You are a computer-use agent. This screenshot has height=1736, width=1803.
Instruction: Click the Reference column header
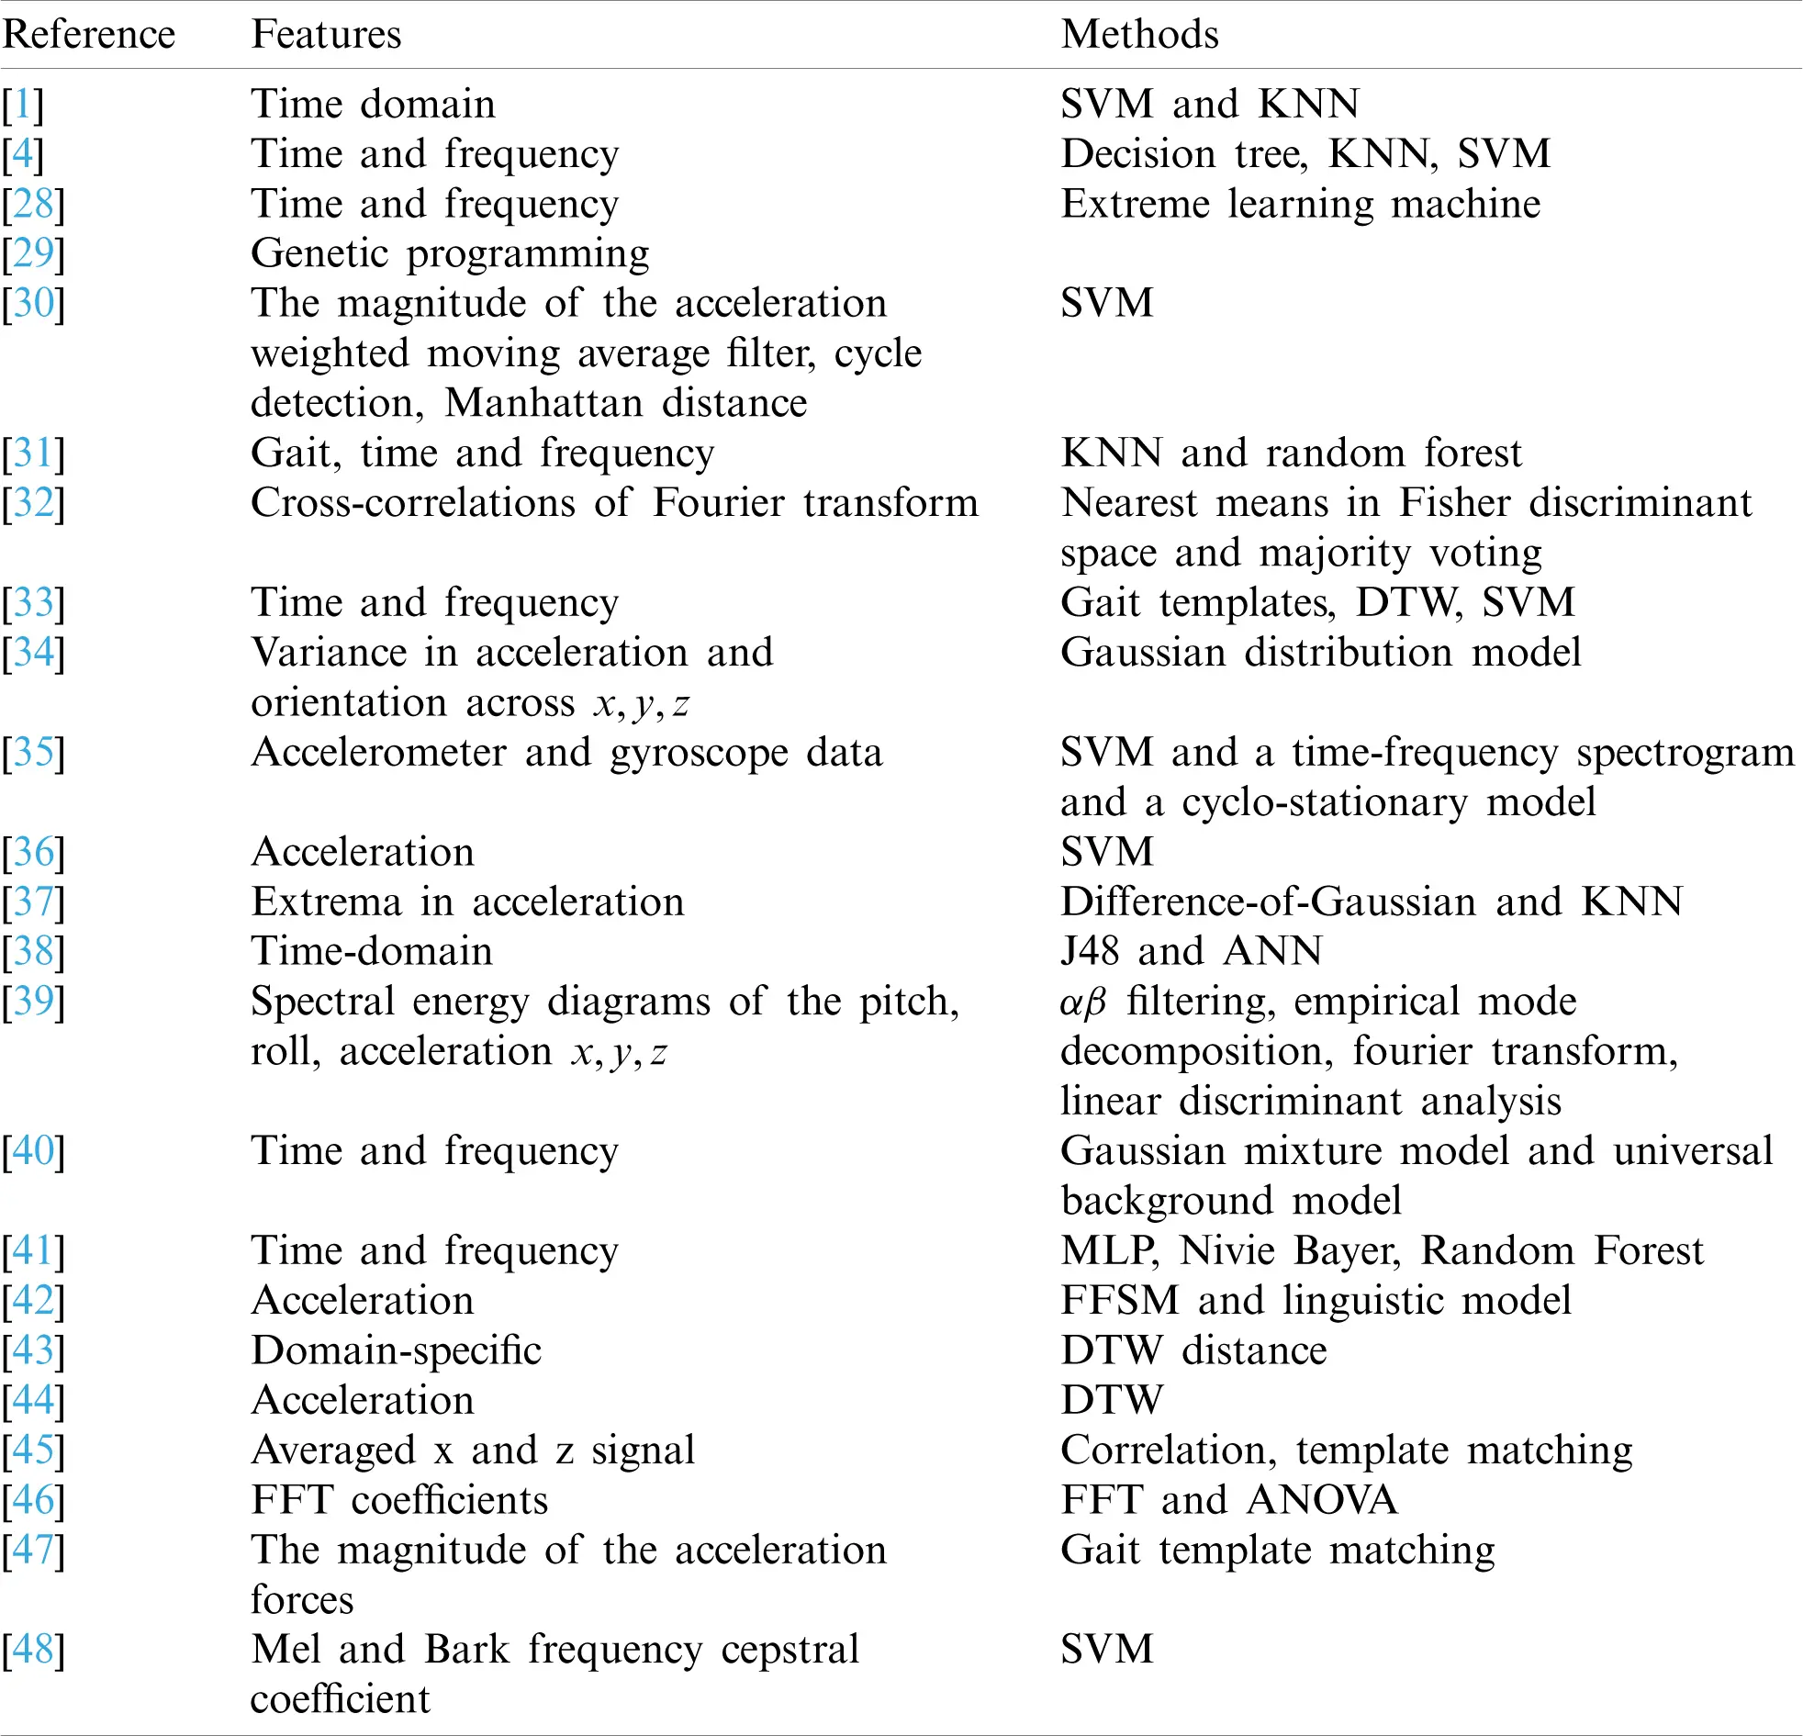coord(88,35)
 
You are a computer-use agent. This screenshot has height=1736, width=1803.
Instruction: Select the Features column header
coord(326,35)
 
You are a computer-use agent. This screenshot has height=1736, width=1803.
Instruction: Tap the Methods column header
coord(1139,35)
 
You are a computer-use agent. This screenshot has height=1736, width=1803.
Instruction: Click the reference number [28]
coord(33,203)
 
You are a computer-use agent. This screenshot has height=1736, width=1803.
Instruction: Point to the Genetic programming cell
coord(450,254)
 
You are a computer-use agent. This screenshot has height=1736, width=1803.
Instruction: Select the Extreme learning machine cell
coord(1300,203)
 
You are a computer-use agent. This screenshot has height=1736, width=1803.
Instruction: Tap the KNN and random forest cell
coord(1291,453)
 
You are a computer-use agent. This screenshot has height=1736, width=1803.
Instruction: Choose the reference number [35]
coord(33,753)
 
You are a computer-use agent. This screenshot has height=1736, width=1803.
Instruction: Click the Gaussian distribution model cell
coord(1320,653)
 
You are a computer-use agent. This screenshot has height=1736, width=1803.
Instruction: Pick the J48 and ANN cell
coord(1191,951)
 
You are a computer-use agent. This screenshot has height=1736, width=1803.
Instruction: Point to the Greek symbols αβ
coord(1081,1002)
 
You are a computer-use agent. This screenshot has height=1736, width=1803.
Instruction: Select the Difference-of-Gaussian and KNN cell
coord(1371,902)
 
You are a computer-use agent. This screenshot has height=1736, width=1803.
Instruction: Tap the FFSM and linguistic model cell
coord(1316,1300)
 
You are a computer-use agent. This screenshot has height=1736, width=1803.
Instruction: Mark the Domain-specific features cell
coord(396,1350)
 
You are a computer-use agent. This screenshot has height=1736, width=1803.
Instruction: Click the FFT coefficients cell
coord(399,1499)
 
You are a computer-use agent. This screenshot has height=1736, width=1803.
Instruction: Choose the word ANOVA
coord(1322,1499)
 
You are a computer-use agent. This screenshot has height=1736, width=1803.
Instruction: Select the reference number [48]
coord(33,1649)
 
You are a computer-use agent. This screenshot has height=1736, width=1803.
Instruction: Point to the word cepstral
coord(790,1649)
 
